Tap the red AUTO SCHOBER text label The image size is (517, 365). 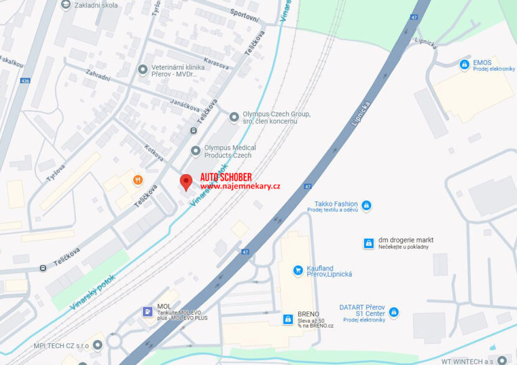pos(226,177)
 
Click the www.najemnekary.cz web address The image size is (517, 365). pos(240,186)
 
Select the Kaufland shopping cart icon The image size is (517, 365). pos(298,270)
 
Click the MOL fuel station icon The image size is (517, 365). pos(147,311)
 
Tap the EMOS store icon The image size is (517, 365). pos(464,64)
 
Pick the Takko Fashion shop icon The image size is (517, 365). pos(366,205)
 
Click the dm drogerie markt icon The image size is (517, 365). pos(368,243)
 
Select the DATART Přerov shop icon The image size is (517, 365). pos(394,312)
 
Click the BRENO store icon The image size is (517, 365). pos(288,318)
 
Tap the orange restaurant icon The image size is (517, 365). pos(137,180)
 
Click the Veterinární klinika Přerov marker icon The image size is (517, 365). pos(143,69)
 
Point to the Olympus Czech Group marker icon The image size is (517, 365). pos(234,117)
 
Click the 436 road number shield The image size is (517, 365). pos(25,81)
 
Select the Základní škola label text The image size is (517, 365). pos(96,5)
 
